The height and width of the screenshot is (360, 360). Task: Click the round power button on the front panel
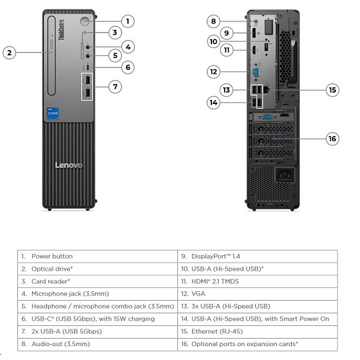click(x=85, y=21)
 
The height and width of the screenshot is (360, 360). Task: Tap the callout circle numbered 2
click(x=9, y=53)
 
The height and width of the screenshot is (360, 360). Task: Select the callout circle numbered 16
click(x=333, y=139)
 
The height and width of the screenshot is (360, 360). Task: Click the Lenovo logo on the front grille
click(x=69, y=165)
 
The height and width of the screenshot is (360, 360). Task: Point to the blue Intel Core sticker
click(x=53, y=113)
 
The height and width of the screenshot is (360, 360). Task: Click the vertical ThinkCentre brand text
click(x=61, y=30)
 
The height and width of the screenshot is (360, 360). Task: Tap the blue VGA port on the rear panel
click(x=256, y=72)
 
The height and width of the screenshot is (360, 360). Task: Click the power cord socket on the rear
click(x=285, y=175)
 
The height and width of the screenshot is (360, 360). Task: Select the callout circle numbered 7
click(x=115, y=87)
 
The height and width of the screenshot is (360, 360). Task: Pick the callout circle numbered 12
click(x=213, y=71)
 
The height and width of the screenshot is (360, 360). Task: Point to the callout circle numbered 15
click(x=333, y=90)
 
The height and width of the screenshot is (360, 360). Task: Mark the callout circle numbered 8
click(x=213, y=21)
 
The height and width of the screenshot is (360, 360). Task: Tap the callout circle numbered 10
click(x=213, y=41)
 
